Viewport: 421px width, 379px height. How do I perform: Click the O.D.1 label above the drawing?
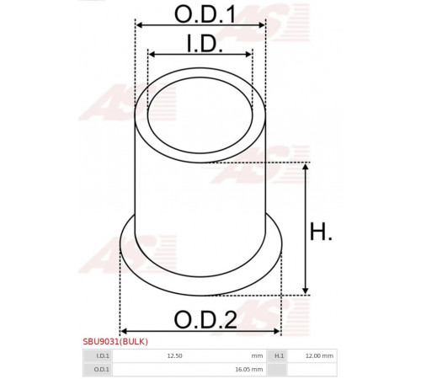click(205, 14)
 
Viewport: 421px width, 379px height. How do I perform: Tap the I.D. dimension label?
click(205, 44)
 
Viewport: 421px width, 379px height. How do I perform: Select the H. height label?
click(321, 232)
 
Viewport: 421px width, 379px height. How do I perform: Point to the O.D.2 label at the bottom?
click(205, 320)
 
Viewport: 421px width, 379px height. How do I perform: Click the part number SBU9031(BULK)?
click(115, 341)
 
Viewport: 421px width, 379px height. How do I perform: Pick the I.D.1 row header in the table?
click(103, 355)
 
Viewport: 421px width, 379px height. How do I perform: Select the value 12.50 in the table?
click(174, 355)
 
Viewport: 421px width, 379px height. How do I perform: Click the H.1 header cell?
click(279, 355)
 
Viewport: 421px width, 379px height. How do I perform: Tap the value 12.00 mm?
click(319, 355)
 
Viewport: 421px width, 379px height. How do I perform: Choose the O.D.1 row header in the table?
click(102, 369)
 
